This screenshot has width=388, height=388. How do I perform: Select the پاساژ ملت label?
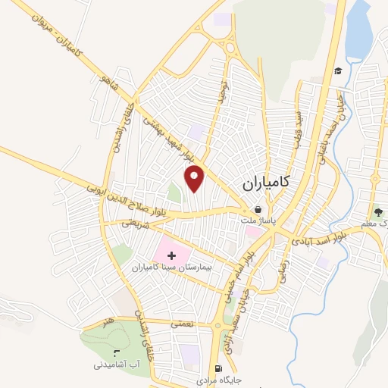258,222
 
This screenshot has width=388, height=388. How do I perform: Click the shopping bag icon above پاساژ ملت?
258,209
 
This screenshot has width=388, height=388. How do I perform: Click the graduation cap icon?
338,70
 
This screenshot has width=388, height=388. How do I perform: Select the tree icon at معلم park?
377,211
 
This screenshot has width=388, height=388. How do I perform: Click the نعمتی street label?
182,324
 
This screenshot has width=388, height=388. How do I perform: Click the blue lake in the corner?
358,30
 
